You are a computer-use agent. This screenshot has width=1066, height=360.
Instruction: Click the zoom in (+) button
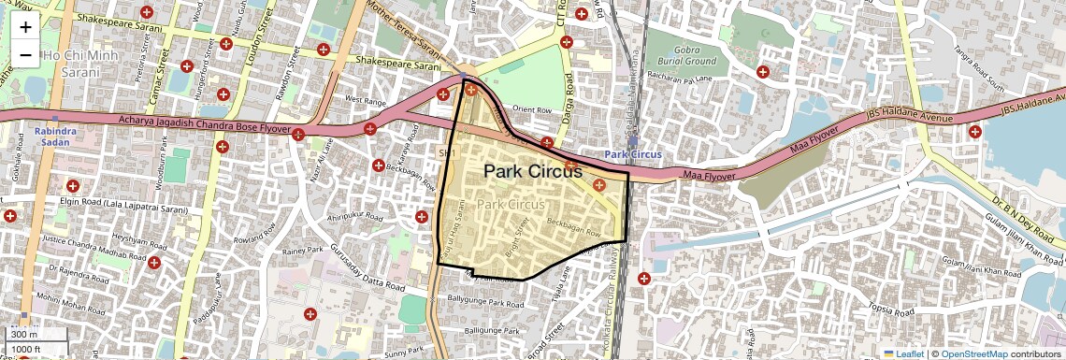(25, 28)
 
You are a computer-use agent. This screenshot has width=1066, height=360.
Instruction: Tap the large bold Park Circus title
(532, 171)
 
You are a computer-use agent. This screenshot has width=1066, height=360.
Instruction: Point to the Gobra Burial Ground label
(682, 55)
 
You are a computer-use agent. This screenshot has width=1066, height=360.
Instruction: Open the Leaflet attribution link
(903, 353)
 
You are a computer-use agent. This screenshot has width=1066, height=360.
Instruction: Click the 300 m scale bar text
(24, 334)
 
